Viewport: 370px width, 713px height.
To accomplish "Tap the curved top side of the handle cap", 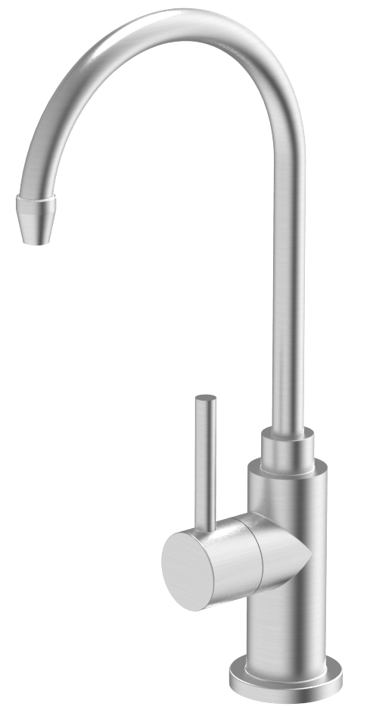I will tap(219, 527).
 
